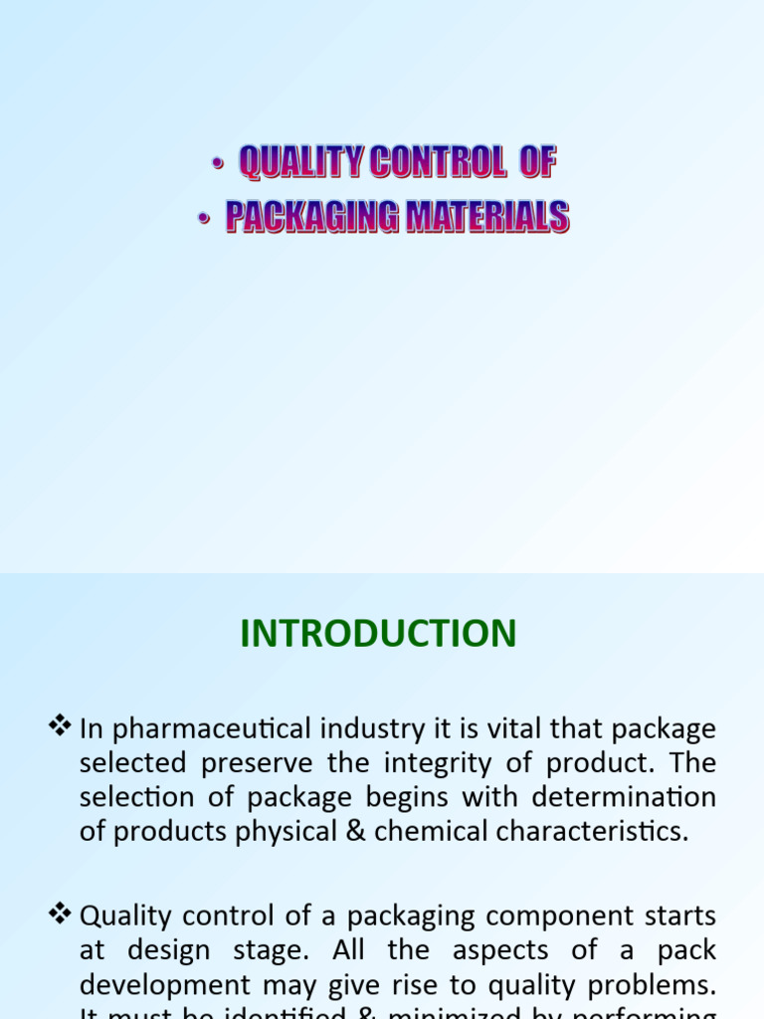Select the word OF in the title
point(535,162)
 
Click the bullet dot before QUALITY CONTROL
point(216,164)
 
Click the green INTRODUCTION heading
point(378,634)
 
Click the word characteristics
point(585,831)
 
